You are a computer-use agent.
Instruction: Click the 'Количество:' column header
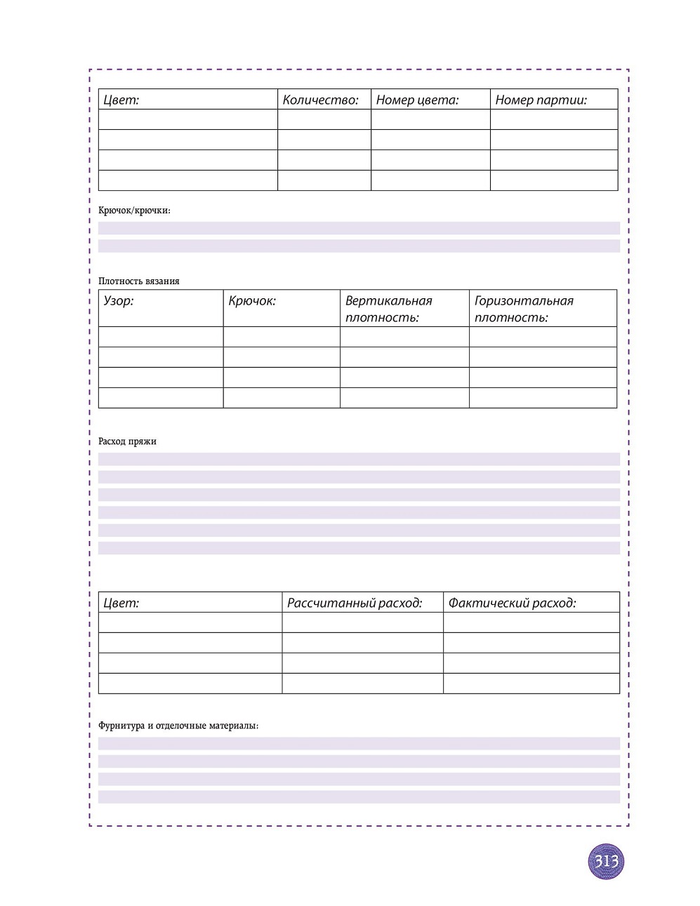point(320,100)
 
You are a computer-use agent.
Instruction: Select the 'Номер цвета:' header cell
point(417,100)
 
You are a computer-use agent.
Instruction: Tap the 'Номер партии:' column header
point(541,100)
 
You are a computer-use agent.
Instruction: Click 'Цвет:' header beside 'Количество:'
point(121,100)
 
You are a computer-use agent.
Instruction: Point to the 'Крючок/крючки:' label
point(134,210)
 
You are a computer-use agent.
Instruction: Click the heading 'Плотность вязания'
point(139,281)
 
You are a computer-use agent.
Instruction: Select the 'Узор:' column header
point(119,301)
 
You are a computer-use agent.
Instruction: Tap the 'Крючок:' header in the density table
point(252,301)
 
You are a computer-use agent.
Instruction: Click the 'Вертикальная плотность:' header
point(388,309)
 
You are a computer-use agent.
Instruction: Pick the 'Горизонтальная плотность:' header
point(524,309)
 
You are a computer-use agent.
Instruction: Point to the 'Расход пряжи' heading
point(127,441)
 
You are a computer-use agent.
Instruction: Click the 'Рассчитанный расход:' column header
point(355,603)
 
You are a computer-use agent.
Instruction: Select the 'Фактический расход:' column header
point(512,603)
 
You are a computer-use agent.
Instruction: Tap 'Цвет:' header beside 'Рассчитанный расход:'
point(121,603)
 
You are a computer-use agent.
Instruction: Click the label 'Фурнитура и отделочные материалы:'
point(178,725)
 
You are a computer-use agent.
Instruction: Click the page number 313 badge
point(606,861)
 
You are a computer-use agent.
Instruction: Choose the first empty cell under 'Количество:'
point(324,119)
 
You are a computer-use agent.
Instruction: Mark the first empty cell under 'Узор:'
point(161,336)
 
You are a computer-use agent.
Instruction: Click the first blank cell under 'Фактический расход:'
point(531,622)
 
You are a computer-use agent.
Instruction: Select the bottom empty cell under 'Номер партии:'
point(553,180)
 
